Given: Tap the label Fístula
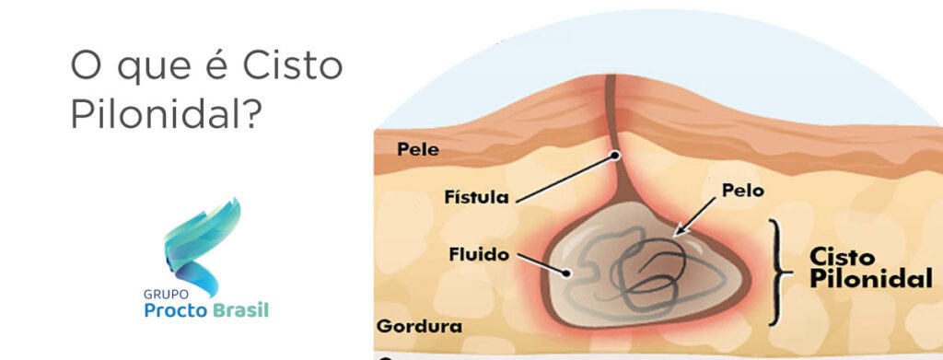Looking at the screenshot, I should click(x=475, y=196).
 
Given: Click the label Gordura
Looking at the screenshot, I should click(x=419, y=326).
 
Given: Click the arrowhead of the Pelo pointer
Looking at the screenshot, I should click(x=676, y=235).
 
